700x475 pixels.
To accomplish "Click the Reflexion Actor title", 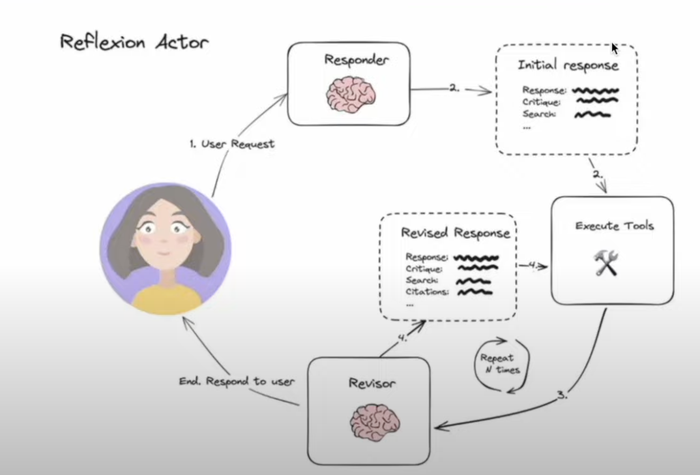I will (x=134, y=42).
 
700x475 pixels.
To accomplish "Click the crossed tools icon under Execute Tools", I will (x=605, y=262).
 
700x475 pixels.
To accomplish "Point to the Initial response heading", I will (x=568, y=65).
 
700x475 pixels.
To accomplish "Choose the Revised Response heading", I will (x=456, y=233).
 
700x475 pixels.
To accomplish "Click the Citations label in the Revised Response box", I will (x=427, y=292).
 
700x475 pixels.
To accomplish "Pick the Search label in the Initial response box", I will (x=539, y=114).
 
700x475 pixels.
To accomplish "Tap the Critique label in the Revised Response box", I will (x=424, y=268).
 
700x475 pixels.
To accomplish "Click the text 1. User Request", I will (x=232, y=144).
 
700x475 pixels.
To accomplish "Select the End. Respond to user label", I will (x=236, y=381).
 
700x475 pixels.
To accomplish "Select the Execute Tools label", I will (x=614, y=226).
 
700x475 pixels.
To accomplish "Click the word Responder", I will (x=356, y=60).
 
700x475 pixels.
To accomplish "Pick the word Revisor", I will (x=372, y=383).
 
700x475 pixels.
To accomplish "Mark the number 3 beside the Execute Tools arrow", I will (x=561, y=395).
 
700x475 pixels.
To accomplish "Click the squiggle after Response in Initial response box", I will (x=596, y=91).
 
